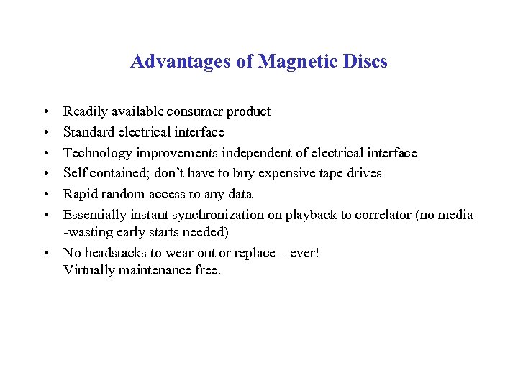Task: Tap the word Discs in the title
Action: click(366, 62)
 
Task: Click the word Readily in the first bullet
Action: click(84, 111)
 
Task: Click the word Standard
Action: click(87, 132)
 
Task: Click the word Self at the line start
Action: click(74, 173)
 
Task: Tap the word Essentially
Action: click(94, 215)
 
